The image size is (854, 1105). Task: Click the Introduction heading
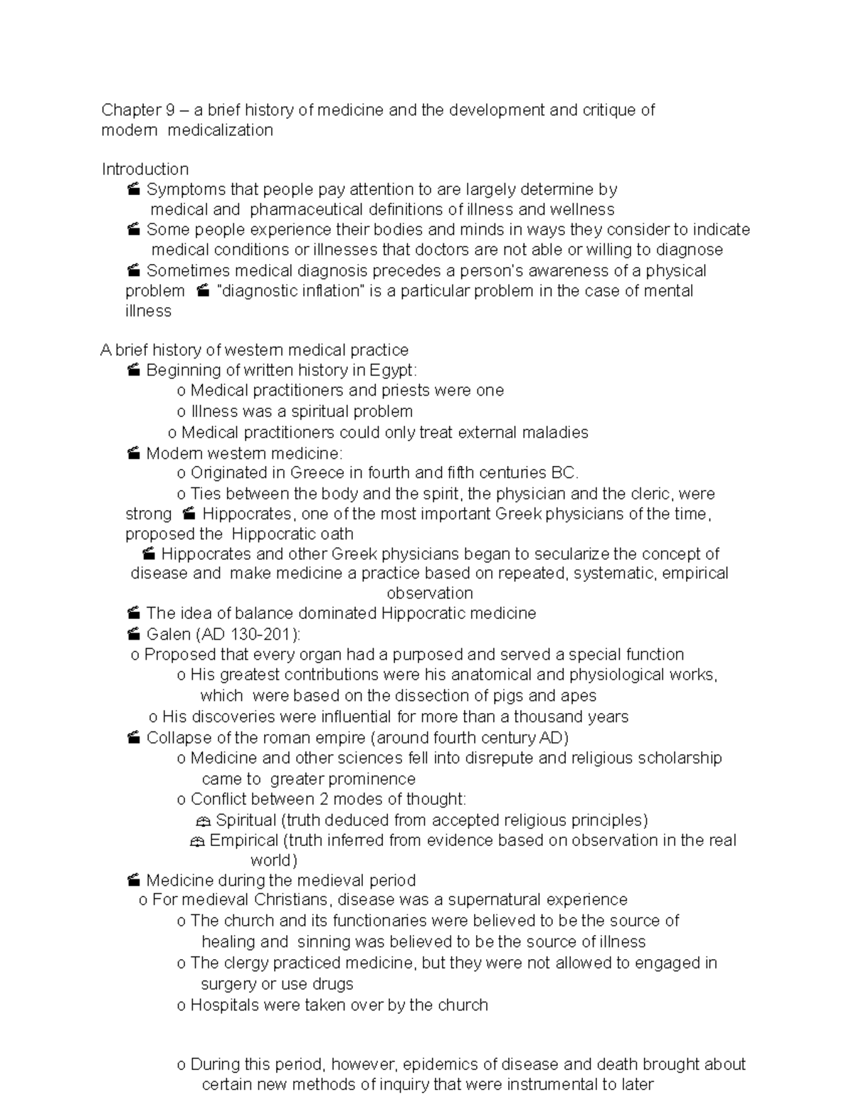tap(145, 169)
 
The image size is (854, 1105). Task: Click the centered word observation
tap(429, 593)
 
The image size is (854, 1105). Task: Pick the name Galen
tap(168, 634)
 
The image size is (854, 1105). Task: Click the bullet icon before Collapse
tap(133, 738)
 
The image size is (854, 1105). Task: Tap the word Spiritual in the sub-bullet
tap(246, 820)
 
